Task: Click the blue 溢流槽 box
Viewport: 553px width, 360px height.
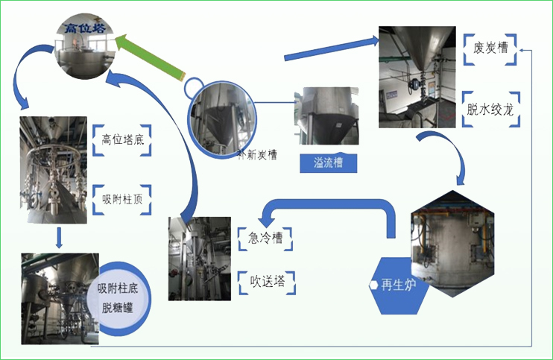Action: [326, 162]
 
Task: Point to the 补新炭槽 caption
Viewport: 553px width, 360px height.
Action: [237, 155]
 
